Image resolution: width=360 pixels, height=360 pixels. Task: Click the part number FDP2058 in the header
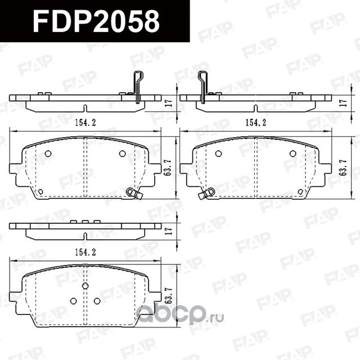pos(96,21)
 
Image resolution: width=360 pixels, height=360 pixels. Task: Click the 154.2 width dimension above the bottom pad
pos(85,253)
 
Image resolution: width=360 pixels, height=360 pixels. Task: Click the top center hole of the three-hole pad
pos(85,286)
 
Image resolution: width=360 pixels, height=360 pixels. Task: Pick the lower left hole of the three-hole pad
pos(73,301)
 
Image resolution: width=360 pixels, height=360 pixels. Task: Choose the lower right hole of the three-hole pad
pos(97,301)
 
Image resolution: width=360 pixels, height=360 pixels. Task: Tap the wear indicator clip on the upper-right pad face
pos(206,193)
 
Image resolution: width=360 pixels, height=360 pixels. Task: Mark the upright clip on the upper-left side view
pos(137,85)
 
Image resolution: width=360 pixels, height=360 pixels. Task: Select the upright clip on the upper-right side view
pos(203,85)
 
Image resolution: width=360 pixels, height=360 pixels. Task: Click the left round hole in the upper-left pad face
pos(48,154)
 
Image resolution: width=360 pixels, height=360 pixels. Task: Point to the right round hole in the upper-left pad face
pos(122,154)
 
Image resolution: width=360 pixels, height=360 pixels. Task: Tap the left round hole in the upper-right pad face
pos(218,154)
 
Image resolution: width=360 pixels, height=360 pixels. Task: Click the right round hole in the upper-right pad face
pos(292,154)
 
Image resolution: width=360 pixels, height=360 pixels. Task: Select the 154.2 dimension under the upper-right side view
pos(255,122)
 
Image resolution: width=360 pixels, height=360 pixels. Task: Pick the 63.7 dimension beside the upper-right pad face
pos(343,168)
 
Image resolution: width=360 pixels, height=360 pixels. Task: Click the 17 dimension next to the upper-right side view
pos(343,103)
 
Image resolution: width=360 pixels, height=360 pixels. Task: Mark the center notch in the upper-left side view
pos(85,107)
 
